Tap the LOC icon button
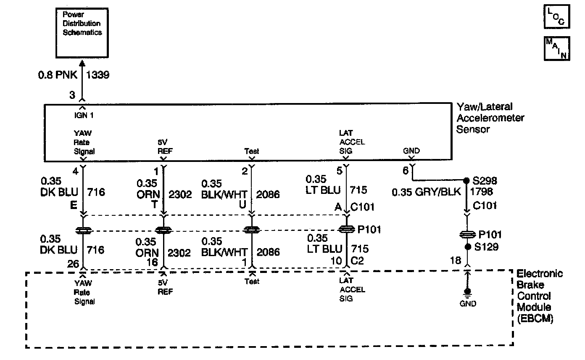pos(556,17)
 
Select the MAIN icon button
pos(556,48)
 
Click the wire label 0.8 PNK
pos(58,75)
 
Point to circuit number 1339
pos(97,75)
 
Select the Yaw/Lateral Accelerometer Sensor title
pos(490,118)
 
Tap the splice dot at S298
pos(466,181)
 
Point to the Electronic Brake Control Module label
pos(539,296)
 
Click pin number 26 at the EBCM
pos(73,264)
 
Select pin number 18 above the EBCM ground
pos(456,261)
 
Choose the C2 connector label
pos(357,261)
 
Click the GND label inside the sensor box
pos(411,151)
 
